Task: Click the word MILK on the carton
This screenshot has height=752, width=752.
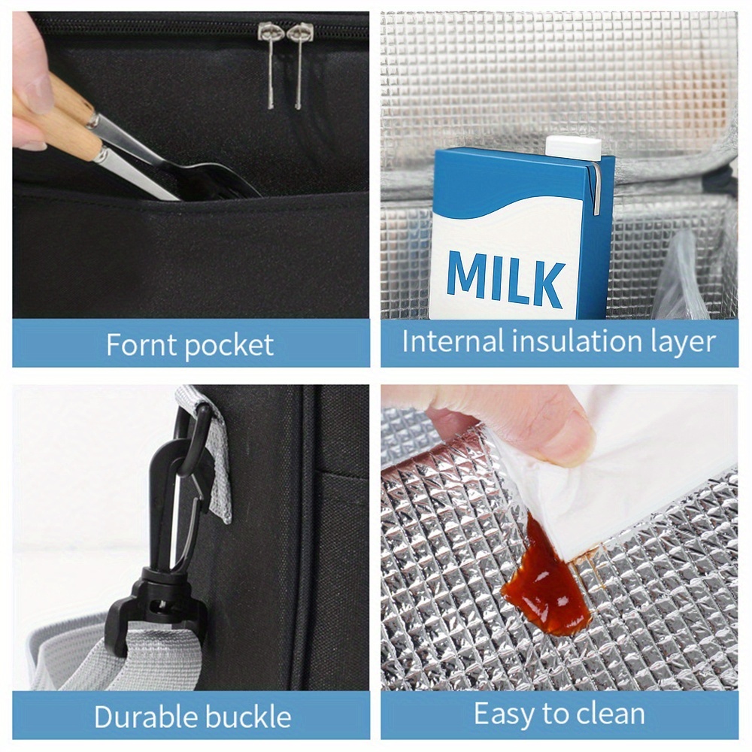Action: click(505, 277)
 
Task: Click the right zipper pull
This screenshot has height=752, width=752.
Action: click(299, 64)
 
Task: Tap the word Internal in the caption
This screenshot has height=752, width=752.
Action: click(453, 341)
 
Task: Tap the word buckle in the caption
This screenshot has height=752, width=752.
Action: click(242, 717)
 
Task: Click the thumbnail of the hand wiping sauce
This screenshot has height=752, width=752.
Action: click(559, 538)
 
